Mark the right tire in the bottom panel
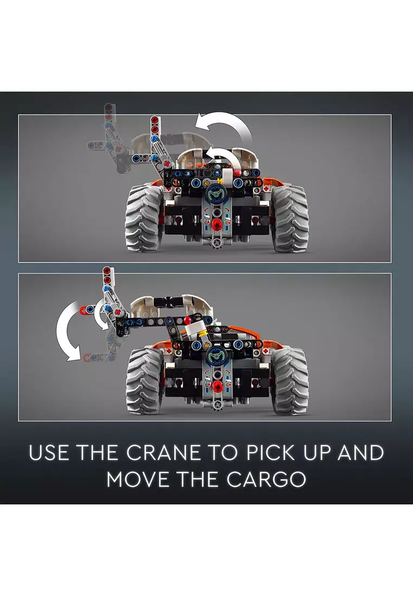pos(290,382)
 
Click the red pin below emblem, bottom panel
pos(218,386)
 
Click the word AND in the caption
pos(360,453)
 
